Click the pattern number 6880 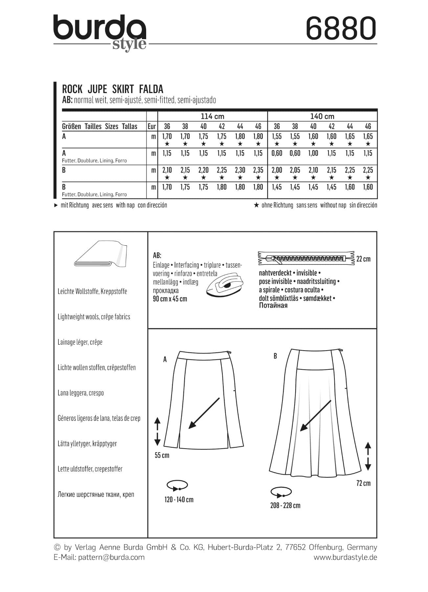click(341, 28)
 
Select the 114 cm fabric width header click(212, 116)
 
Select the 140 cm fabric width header click(322, 116)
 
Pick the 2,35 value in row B click(258, 170)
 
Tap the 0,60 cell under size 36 click(277, 153)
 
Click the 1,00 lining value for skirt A click(313, 153)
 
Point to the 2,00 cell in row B click(277, 170)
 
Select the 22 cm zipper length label click(363, 259)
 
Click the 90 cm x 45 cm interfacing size click(170, 299)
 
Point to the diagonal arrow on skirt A click(204, 413)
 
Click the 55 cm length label click(162, 456)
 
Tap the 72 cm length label click(363, 483)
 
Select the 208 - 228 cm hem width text click(285, 506)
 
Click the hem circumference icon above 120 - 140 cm click(177, 485)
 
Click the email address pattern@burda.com click(111, 557)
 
